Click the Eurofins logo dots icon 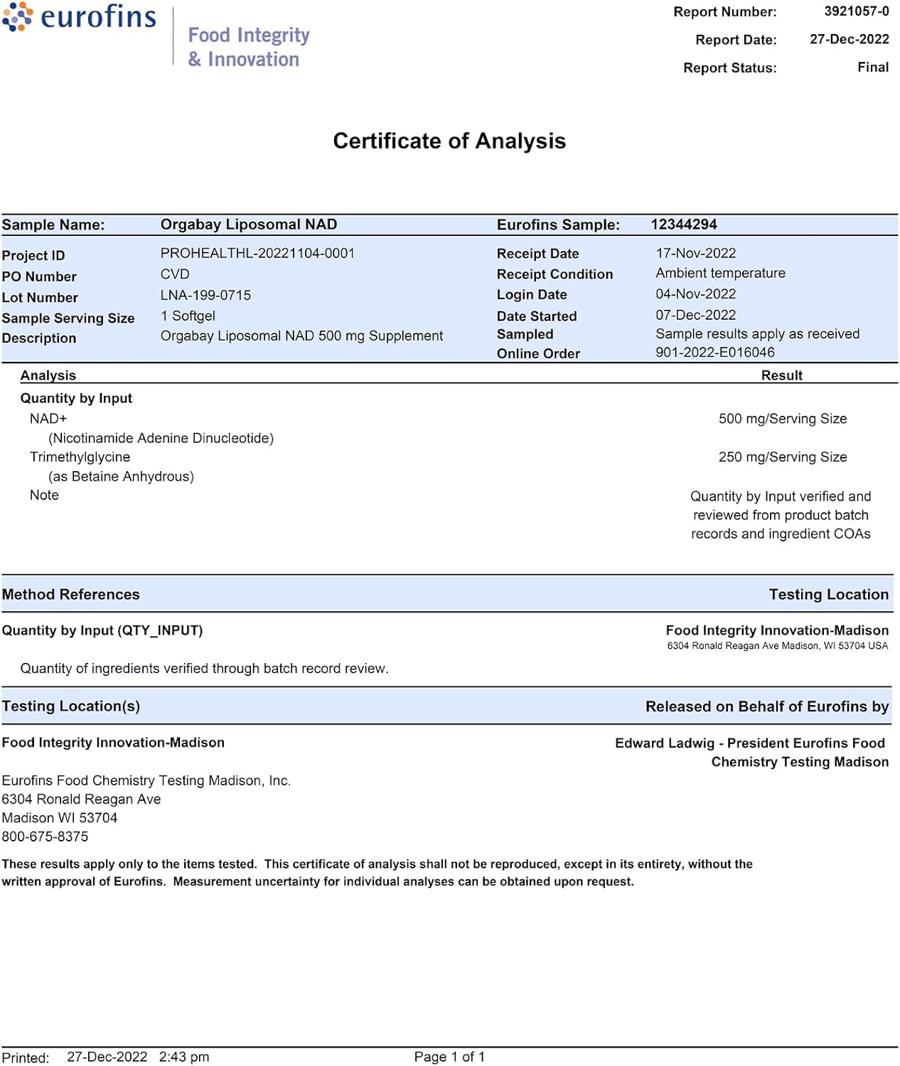coord(18,16)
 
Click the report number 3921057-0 coord(856,11)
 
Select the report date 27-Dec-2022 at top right coord(849,39)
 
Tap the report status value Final coord(873,67)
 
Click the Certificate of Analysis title coord(449,141)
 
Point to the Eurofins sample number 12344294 coord(684,225)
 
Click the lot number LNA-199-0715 coord(205,295)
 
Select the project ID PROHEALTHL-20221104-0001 coord(257,253)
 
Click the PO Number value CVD coord(175,274)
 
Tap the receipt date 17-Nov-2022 coord(695,253)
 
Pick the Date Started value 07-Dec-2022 coord(695,315)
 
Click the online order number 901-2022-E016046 coord(714,352)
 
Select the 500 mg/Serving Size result coord(782,419)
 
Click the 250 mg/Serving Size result coord(782,457)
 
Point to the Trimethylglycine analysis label coord(80,457)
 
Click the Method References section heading coord(70,594)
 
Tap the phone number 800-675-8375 coord(45,836)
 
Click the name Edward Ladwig coord(664,743)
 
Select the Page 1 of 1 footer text coord(449,1057)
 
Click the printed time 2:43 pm coord(184,1057)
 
